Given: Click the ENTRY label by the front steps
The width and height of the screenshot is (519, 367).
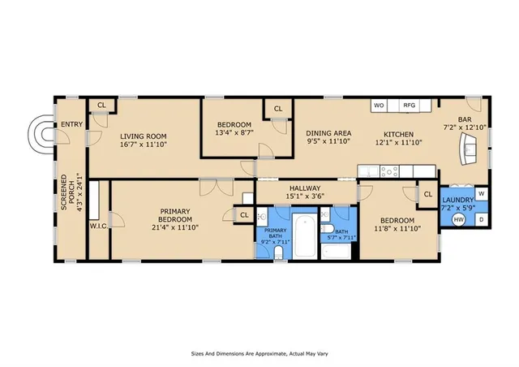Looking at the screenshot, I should [71, 124].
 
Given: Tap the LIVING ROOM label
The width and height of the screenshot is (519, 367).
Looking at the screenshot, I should [143, 136].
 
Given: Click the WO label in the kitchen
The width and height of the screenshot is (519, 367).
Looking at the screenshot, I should [378, 106].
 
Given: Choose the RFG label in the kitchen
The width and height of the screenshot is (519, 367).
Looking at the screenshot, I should [410, 106].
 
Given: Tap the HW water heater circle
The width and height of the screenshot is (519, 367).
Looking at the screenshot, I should [458, 220].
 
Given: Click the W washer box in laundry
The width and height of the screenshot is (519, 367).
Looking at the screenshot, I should [481, 194].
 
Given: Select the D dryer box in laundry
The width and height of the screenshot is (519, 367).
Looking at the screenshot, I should [481, 220].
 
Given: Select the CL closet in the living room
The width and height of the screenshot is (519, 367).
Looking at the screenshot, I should [101, 106].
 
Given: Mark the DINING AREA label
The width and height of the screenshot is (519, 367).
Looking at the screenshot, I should [328, 134].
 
